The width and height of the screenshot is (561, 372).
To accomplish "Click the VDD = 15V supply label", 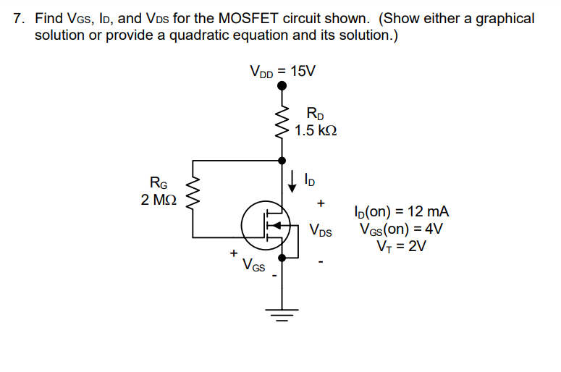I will [x=282, y=71].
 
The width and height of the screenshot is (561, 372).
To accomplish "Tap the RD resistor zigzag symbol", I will [x=282, y=123].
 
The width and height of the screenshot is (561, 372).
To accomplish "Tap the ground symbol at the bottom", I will [x=282, y=314].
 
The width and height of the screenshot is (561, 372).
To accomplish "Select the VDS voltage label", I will [x=320, y=232].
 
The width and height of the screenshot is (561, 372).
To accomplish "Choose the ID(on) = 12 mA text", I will [x=402, y=212].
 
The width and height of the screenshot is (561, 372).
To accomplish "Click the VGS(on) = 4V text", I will [x=401, y=229].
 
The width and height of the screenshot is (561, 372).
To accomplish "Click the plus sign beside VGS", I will [x=233, y=254].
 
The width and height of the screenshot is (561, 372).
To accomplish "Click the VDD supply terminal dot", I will [x=282, y=85].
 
